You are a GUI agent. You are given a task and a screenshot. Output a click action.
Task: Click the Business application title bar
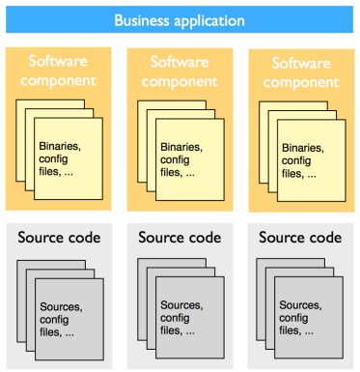pos(180,19)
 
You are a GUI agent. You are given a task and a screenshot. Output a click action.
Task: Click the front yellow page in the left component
pos(67,179)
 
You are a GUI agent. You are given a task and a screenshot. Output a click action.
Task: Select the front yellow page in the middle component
pos(188,179)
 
